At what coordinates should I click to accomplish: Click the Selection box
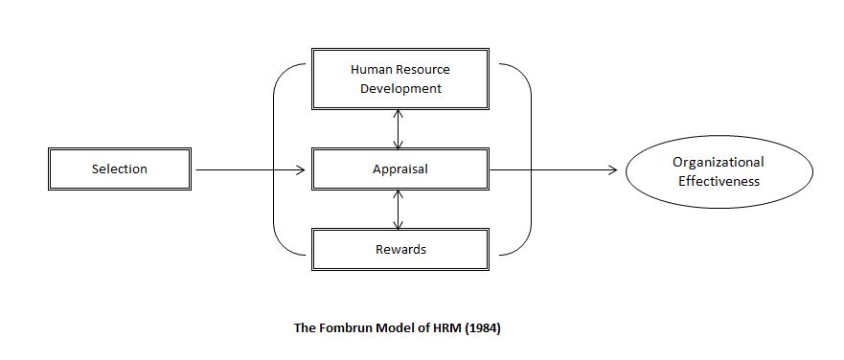pos(120,169)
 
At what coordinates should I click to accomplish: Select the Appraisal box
pos(400,169)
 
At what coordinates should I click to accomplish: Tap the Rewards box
pos(400,250)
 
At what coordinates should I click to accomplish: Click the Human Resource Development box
pos(400,79)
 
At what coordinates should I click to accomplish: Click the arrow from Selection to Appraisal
pos(249,170)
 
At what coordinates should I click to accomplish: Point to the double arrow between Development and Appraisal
pos(399,129)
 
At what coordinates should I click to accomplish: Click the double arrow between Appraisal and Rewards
pos(399,210)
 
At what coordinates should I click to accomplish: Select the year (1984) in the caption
pos(481,327)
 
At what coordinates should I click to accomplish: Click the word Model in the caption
pos(398,327)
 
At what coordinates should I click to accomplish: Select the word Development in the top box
pos(400,88)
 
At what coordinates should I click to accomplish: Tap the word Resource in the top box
pos(422,70)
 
